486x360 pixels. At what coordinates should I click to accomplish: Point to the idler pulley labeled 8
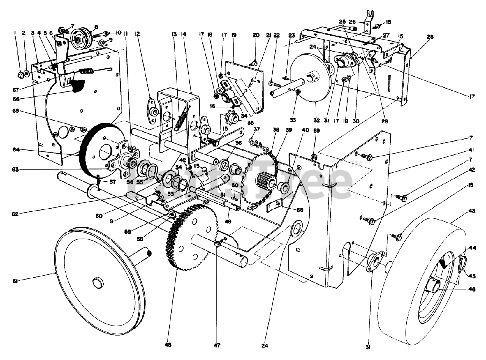coord(80,39)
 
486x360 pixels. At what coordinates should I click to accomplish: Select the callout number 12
coord(137,33)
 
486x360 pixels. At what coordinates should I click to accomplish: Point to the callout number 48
coord(168,345)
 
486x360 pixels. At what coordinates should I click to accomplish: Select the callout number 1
coord(15,33)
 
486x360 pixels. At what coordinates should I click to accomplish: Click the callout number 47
coord(217,345)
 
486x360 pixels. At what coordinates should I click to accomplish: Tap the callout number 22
coord(276,35)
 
